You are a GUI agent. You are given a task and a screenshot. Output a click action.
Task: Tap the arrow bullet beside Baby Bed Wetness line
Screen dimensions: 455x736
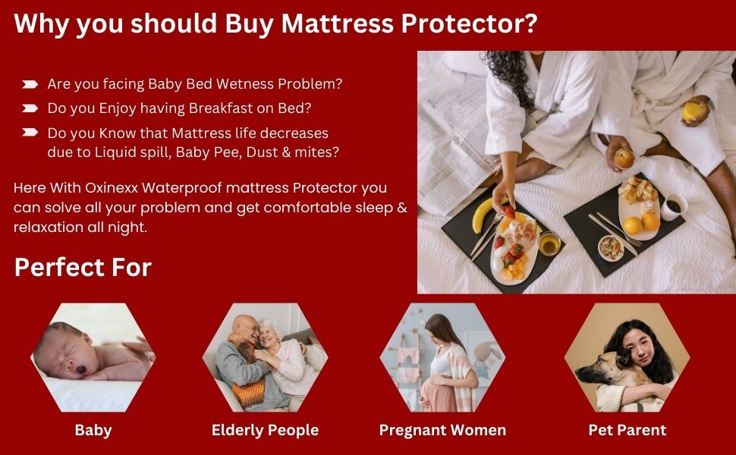coord(30,83)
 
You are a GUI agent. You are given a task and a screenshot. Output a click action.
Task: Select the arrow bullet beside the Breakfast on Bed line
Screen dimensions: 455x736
coord(30,108)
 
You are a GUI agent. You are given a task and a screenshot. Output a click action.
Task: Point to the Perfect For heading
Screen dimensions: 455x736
coord(83,267)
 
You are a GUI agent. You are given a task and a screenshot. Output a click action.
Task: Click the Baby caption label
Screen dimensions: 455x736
coord(93,430)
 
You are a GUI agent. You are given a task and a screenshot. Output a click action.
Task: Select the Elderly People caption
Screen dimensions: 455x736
coord(265,430)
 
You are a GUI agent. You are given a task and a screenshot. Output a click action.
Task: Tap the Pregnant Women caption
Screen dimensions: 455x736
coord(442,430)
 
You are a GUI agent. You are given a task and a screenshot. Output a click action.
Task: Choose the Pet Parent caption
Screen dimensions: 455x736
coord(627,430)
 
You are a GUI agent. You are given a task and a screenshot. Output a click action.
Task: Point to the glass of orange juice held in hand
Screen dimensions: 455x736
coord(692,111)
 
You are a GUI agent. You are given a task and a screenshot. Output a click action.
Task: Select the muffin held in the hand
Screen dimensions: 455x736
coord(624,158)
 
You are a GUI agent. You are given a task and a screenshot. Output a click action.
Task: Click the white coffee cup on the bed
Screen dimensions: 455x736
coord(673,206)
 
